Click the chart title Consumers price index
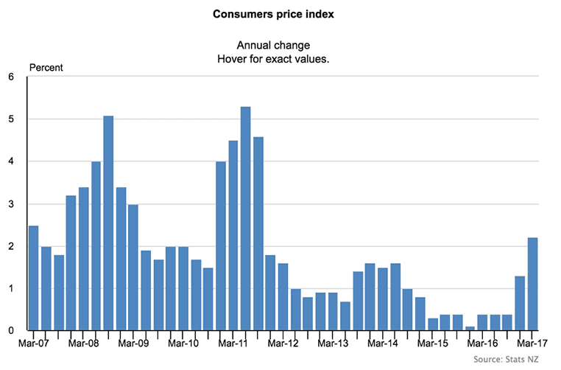pos(280,14)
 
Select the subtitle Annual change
pos(280,45)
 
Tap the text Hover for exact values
pos(280,59)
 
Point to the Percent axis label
pos(46,68)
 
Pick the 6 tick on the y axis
pos(11,77)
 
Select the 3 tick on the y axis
pos(11,204)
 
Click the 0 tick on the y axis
pos(11,331)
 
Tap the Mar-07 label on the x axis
pos(33,343)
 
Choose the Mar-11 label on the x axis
pos(233,343)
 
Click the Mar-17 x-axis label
pos(532,343)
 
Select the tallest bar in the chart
pos(245,219)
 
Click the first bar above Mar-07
pos(34,278)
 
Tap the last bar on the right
pos(532,284)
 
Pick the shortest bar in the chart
pos(470,328)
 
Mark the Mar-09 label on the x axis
pos(133,343)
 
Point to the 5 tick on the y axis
pos(11,119)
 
